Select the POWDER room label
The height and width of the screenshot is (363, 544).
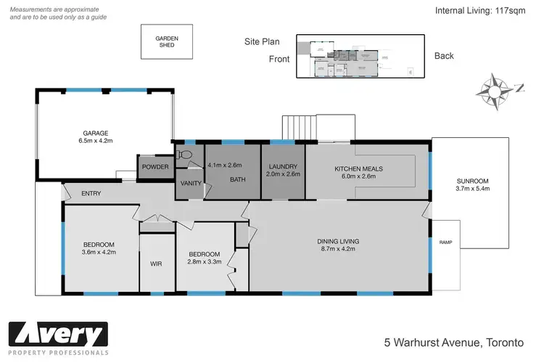(155, 168)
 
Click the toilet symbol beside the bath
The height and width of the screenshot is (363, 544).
(186, 155)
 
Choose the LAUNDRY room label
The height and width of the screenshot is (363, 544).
(282, 168)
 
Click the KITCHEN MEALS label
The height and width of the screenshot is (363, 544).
(358, 169)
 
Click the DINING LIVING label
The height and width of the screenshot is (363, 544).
(338, 240)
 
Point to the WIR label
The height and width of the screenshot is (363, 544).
(156, 264)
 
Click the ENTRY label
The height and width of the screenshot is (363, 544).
(91, 193)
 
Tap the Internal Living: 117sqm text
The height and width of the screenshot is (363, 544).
(484, 11)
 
